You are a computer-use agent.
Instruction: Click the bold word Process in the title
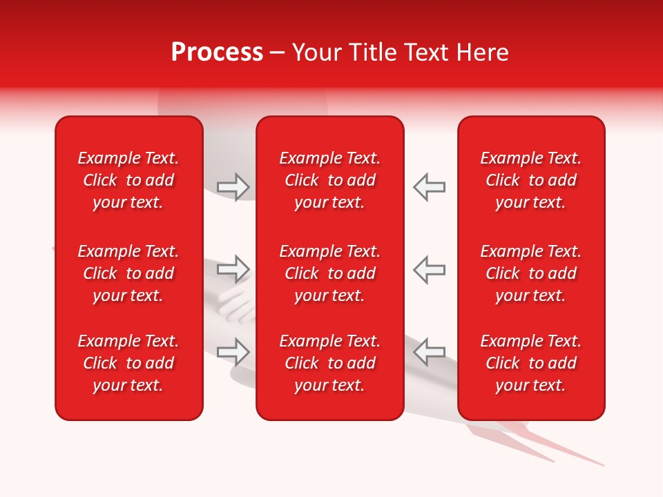coord(217,52)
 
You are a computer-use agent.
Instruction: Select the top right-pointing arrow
coord(233,187)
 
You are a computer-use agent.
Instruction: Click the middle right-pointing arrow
coord(233,269)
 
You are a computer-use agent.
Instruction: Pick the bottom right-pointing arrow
coord(233,351)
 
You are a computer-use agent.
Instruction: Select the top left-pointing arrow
coord(429,187)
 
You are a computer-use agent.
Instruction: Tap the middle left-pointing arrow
coord(429,269)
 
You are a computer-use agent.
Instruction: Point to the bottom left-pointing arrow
coord(429,351)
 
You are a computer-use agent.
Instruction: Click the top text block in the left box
coord(128,180)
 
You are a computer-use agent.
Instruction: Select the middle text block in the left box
coord(128,273)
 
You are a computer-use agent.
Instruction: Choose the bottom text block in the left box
coord(128,363)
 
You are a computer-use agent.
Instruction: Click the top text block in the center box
coord(329,180)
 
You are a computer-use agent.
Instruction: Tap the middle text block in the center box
coord(329,273)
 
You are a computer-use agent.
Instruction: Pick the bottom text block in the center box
coord(329,363)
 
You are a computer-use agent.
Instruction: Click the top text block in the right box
coord(530,180)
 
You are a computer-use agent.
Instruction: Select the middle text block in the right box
coord(530,273)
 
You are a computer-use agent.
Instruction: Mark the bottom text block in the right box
coord(530,363)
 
